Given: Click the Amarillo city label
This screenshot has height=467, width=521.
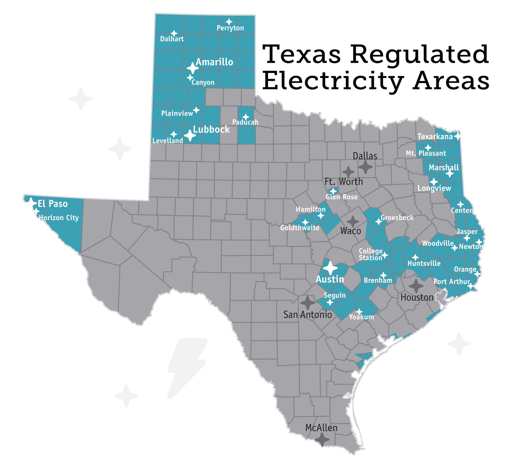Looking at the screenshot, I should [214, 62].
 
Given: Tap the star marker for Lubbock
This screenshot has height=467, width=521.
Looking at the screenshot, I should [190, 135].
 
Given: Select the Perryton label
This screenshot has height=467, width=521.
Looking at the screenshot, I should [230, 28].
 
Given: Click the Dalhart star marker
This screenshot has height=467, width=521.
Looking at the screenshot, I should [174, 33].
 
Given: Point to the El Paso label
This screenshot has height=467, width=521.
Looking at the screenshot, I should [52, 204].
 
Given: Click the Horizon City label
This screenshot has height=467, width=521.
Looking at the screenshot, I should [59, 218].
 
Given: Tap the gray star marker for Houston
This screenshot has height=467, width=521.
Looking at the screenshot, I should [416, 286].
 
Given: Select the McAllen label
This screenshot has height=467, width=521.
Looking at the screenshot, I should [321, 428].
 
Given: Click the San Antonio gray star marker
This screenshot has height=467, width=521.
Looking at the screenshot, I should [307, 303].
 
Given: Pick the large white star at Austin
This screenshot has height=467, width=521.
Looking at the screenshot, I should [331, 268].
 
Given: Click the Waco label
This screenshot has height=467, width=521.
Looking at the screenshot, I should [350, 231].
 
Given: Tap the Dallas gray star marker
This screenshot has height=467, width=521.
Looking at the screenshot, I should [365, 167].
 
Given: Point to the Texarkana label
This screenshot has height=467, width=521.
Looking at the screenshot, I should [435, 136].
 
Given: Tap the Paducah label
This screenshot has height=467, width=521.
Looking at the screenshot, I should [245, 122].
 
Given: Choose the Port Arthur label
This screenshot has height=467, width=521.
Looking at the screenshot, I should [452, 281].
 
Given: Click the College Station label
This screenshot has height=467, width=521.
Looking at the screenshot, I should [371, 254].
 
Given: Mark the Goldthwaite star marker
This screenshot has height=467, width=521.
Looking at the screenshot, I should [305, 222].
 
